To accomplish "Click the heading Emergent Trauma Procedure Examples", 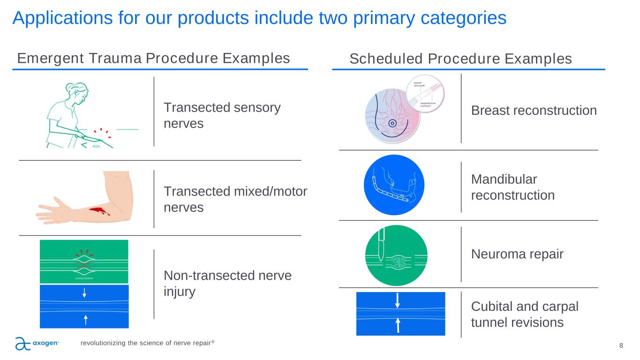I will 153,59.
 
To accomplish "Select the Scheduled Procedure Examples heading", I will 460,59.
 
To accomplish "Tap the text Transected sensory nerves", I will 222,115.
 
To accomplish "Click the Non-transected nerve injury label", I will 227,283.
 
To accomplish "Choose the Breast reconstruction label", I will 534,111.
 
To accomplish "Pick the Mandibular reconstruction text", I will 512,187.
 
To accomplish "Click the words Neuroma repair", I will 517,254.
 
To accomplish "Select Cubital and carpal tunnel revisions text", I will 524,314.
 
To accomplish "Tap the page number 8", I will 621,346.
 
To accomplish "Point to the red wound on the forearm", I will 98,211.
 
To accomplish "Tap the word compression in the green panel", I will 84,278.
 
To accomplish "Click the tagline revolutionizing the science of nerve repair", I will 147,343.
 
